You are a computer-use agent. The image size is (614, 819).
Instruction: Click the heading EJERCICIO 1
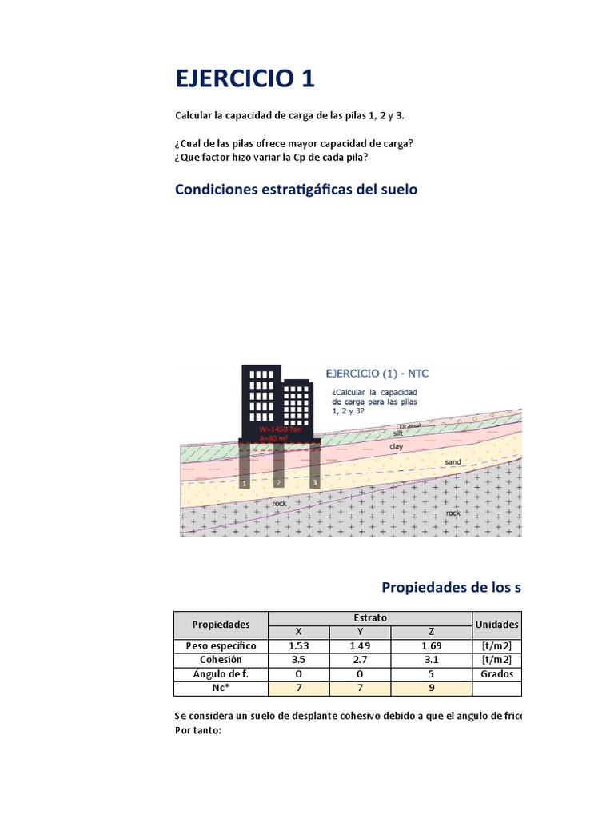245,78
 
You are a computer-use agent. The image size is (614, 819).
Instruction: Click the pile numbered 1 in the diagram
243,468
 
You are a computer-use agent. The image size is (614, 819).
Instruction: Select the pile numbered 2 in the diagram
278,468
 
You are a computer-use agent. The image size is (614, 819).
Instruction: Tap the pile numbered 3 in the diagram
315,468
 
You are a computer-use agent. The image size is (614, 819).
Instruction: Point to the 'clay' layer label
396,447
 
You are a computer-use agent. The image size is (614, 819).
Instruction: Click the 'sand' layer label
453,462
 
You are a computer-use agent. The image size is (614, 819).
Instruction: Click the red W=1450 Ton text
281,429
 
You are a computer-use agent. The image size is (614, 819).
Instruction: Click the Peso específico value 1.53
298,645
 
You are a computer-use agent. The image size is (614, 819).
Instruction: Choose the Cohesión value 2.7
360,660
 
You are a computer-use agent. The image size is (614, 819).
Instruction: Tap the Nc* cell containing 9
432,689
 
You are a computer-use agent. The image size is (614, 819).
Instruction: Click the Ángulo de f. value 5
432,674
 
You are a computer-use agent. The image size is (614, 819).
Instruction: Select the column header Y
360,631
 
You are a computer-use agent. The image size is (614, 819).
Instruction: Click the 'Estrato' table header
369,617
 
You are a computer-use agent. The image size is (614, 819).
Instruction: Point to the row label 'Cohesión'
221,660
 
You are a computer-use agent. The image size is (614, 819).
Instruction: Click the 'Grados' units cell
496,674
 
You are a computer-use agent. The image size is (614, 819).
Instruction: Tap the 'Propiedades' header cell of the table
221,624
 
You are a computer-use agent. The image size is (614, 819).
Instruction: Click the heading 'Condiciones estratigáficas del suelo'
296,190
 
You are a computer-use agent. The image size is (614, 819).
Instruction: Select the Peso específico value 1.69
432,645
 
